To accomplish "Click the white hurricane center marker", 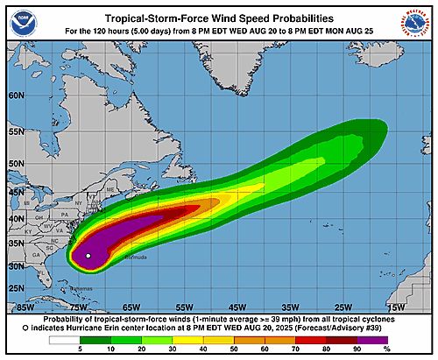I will (88, 255).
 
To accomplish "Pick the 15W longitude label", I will (396, 307).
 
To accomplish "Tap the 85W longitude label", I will (25, 307).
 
